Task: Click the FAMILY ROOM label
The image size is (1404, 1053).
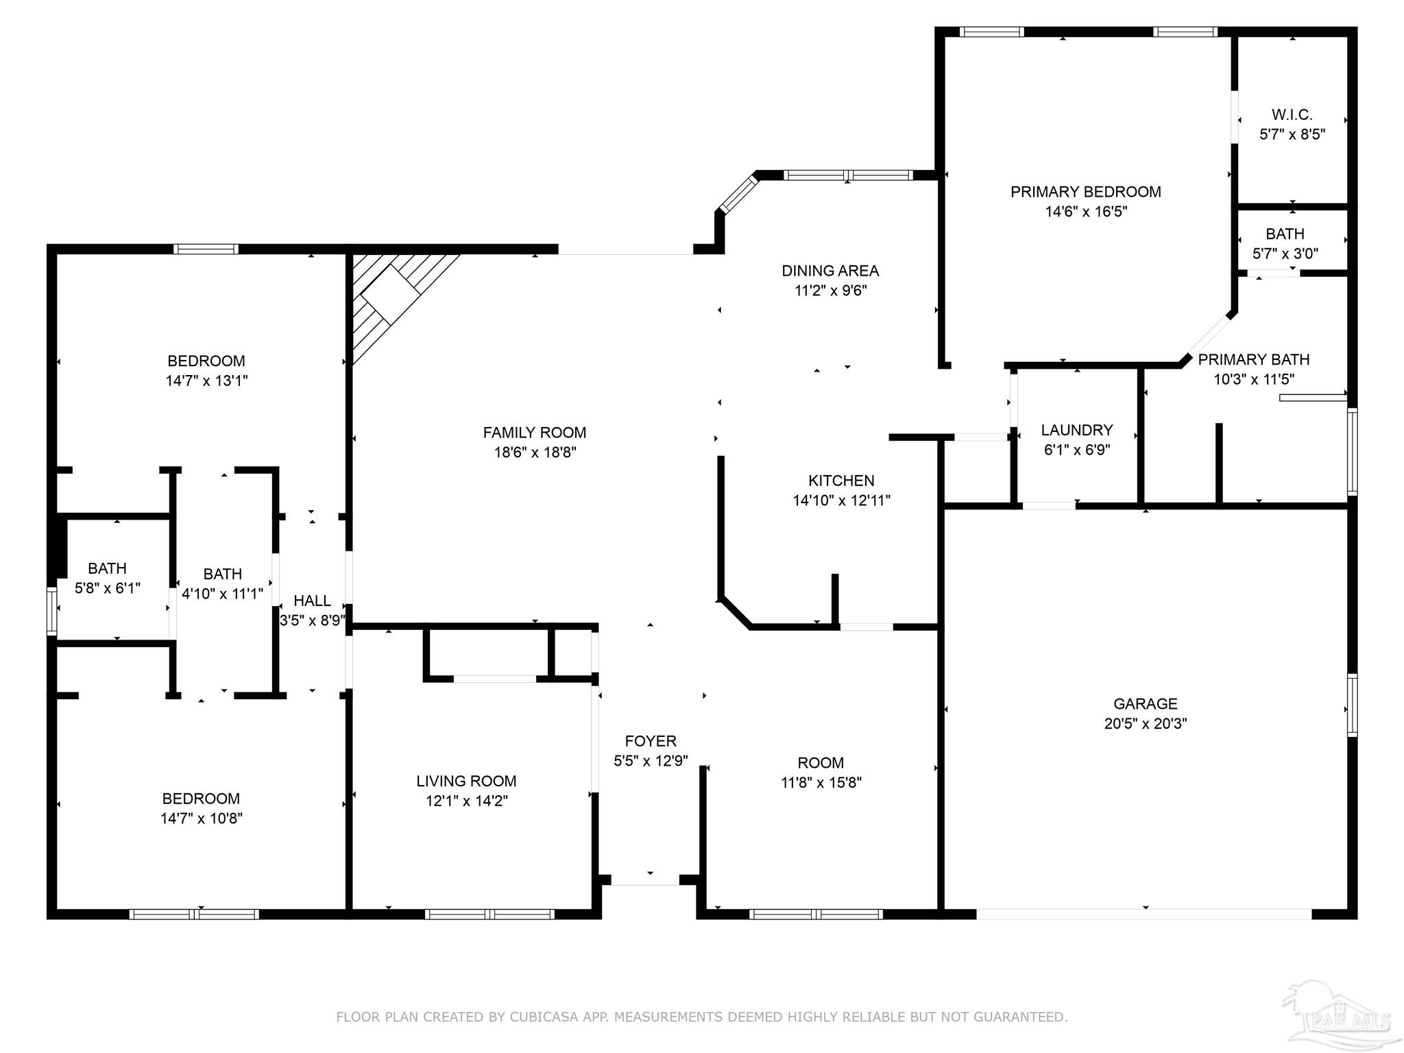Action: (534, 433)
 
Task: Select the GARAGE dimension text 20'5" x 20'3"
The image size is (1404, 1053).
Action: (1145, 723)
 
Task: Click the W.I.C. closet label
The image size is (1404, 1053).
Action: (1292, 114)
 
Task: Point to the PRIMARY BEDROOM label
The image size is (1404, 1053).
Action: (1085, 192)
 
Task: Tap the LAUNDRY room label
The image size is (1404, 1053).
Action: (1076, 430)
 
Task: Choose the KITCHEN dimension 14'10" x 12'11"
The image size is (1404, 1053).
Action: (841, 500)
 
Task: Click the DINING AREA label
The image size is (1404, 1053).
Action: (830, 271)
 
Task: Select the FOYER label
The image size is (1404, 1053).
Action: (650, 741)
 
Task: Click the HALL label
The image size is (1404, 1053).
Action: (312, 601)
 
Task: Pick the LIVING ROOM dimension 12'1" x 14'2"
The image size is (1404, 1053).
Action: (466, 801)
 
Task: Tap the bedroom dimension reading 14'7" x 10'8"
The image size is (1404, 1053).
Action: (201, 818)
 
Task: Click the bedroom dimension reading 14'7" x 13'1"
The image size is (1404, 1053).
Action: (206, 380)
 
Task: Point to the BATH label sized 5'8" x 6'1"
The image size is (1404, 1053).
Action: (107, 568)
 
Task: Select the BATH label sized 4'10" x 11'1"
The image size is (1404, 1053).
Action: (222, 574)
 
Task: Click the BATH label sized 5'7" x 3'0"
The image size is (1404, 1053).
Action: (1285, 234)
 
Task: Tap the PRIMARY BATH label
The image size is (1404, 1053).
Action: (1253, 360)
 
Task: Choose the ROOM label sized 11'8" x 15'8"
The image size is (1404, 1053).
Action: (820, 763)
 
